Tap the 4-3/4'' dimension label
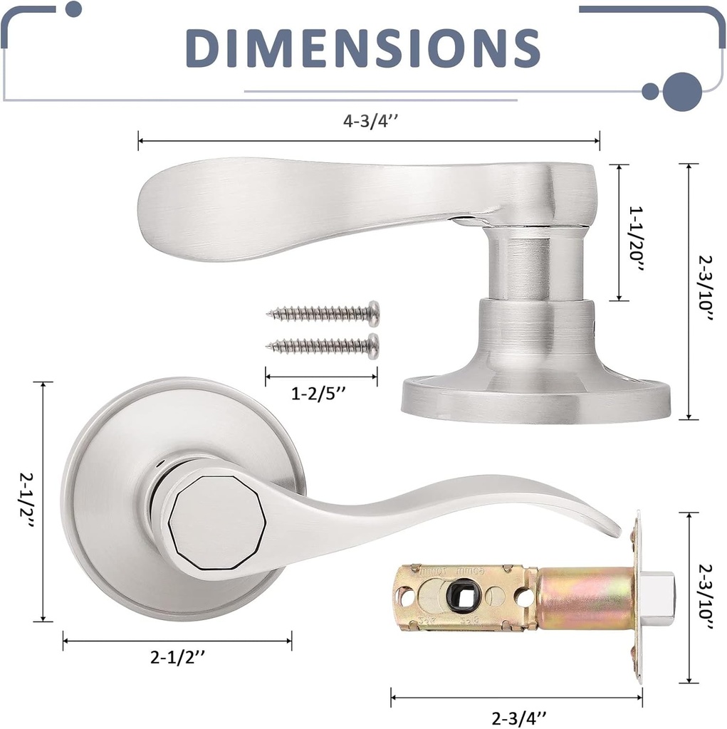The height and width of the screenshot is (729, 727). coord(370,121)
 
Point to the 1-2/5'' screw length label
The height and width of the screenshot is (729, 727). coord(322,394)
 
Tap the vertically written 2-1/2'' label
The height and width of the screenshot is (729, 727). coord(26,502)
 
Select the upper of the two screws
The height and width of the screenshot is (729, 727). coord(323,312)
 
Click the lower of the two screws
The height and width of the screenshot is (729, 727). coord(323,345)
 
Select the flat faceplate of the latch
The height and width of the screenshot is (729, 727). coord(638,598)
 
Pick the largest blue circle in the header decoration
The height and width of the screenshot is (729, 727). coord(683,91)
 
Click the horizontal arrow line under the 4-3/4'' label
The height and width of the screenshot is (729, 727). coord(370,141)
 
